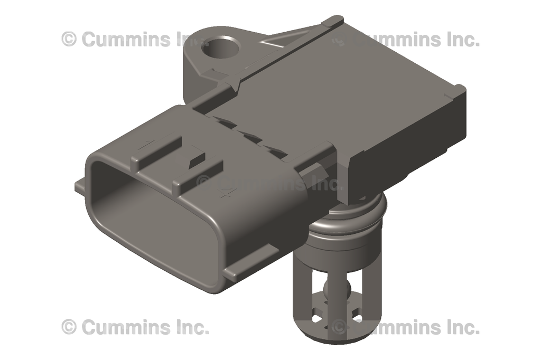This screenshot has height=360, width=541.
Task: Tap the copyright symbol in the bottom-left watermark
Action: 69,327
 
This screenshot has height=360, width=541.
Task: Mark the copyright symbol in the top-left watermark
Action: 69,39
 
